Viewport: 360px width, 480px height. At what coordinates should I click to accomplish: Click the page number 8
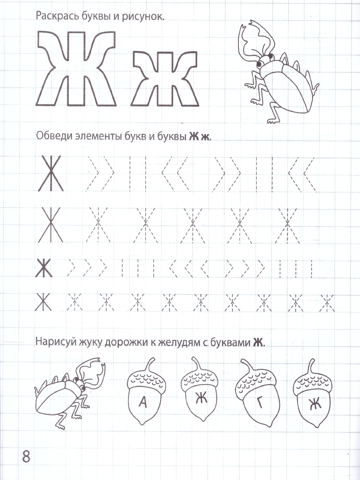[26, 456]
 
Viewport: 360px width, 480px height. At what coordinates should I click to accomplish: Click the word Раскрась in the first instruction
[54, 16]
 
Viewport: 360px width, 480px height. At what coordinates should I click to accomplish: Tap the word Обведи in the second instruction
[54, 136]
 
